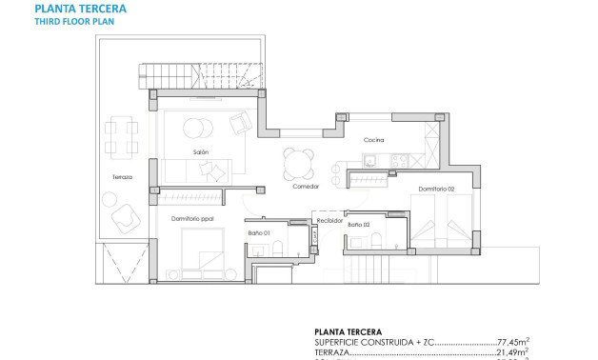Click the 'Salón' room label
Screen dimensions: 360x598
pyautogui.click(x=200, y=152)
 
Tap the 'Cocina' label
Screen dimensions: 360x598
pyautogui.click(x=373, y=141)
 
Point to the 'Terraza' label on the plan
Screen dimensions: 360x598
pyautogui.click(x=121, y=177)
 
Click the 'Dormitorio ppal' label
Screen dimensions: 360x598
pyautogui.click(x=192, y=219)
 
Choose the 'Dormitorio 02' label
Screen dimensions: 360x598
pyautogui.click(x=433, y=189)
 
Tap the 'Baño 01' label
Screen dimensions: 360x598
pyautogui.click(x=260, y=233)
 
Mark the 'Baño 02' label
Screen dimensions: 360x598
pyautogui.click(x=359, y=225)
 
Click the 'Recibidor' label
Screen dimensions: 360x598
pyautogui.click(x=329, y=219)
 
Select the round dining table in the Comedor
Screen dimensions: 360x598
pyautogui.click(x=298, y=163)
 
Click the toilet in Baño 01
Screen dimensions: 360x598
pyautogui.click(x=277, y=250)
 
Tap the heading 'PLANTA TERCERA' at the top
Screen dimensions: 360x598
pyautogui.click(x=80, y=10)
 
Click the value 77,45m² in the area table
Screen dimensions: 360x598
pyautogui.click(x=515, y=341)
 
